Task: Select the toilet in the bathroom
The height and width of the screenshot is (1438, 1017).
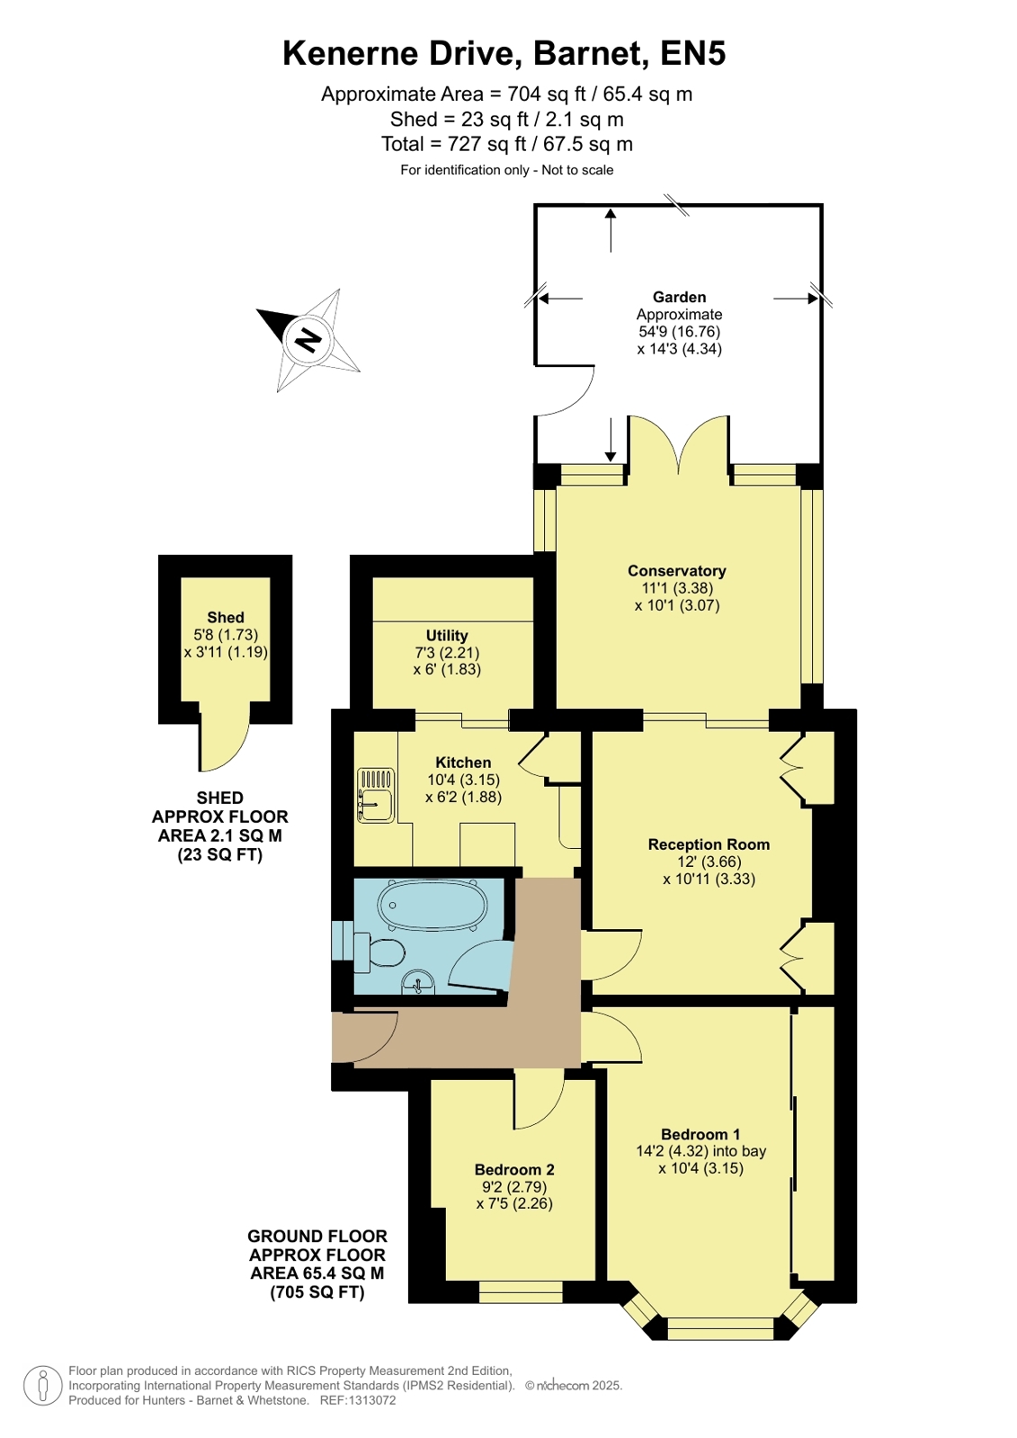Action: pyautogui.click(x=379, y=952)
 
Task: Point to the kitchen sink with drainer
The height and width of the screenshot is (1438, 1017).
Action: pyautogui.click(x=376, y=795)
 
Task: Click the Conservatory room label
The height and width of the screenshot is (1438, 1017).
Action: pyautogui.click(x=677, y=571)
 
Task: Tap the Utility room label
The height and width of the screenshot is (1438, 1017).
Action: pyautogui.click(x=447, y=636)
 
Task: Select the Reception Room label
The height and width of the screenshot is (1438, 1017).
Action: pyautogui.click(x=709, y=844)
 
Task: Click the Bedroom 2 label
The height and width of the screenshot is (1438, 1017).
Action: pyautogui.click(x=514, y=1170)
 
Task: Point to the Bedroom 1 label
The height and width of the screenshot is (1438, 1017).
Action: pyautogui.click(x=700, y=1134)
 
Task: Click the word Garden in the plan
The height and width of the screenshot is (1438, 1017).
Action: pyautogui.click(x=679, y=298)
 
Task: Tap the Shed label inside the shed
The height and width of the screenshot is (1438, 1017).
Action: pyautogui.click(x=226, y=618)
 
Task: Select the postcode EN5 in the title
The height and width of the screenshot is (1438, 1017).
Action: pyautogui.click(x=692, y=53)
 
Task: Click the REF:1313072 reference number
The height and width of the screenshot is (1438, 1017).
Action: pyautogui.click(x=358, y=1401)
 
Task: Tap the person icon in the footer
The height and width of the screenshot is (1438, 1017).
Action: pyautogui.click(x=43, y=1385)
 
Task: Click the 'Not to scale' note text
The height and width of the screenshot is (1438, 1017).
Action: pyautogui.click(x=577, y=170)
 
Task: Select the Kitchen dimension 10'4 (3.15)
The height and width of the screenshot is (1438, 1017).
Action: pyautogui.click(x=464, y=780)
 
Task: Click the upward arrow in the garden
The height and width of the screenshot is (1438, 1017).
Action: pyautogui.click(x=611, y=230)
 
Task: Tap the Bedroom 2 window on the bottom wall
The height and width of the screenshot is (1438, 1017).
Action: pyautogui.click(x=521, y=1291)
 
